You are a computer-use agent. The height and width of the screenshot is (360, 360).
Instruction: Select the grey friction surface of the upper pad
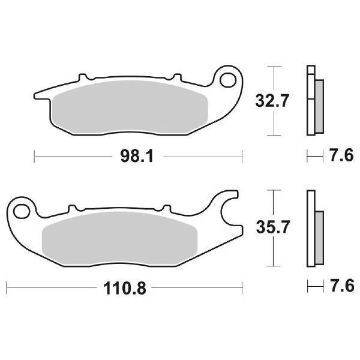[129, 108]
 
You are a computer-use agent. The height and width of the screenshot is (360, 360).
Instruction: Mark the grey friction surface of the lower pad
[120, 237]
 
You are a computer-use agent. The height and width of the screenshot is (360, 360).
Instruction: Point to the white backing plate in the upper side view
[310, 102]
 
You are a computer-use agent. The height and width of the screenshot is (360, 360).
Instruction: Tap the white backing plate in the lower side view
[310, 228]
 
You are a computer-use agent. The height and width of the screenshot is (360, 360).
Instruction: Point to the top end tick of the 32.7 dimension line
[274, 67]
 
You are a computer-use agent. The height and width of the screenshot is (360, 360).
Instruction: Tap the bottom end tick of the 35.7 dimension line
[274, 265]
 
